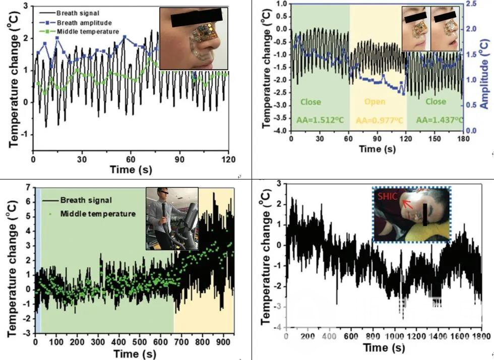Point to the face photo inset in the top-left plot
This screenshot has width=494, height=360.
coord(193,38)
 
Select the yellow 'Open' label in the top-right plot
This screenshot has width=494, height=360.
coord(375,101)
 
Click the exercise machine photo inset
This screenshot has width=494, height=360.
coord(171,219)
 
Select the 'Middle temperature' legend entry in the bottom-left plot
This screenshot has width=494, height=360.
coord(97,214)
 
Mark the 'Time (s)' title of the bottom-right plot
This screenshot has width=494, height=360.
coord(384,347)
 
